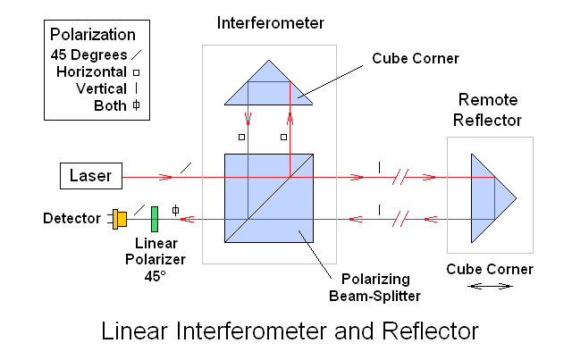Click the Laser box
click(x=90, y=176)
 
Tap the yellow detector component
click(x=119, y=217)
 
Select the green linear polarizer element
click(x=155, y=218)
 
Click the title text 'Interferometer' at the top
click(x=269, y=21)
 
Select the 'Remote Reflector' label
click(x=489, y=108)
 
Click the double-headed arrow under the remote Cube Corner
click(x=491, y=286)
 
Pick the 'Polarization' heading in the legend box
click(x=93, y=36)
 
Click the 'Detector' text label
click(x=71, y=218)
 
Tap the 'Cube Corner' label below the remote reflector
click(x=490, y=268)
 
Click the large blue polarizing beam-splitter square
click(x=268, y=198)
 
